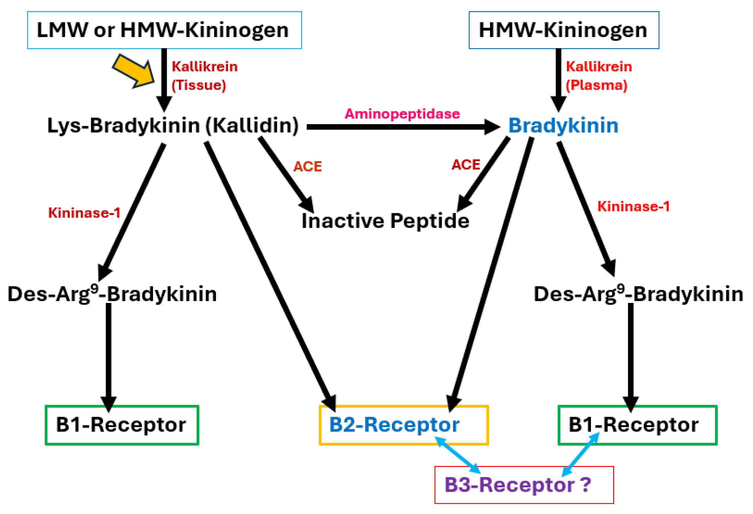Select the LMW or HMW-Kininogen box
coord(164,30)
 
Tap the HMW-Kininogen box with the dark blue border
coord(563,30)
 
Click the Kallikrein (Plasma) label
coord(598,76)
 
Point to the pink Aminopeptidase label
coord(402,114)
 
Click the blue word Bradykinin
coord(563,125)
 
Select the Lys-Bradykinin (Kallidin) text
coord(173,125)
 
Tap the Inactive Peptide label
coord(385,221)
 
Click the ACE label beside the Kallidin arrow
coord(307,166)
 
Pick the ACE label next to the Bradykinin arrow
coord(466,165)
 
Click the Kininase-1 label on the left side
coord(84,213)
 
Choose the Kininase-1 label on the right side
coord(633,207)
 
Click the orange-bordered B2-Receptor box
coord(403,425)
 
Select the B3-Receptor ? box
coord(524,485)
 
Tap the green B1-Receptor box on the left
coord(121,425)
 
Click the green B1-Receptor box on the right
coord(637,425)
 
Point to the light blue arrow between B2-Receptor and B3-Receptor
coord(457,455)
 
